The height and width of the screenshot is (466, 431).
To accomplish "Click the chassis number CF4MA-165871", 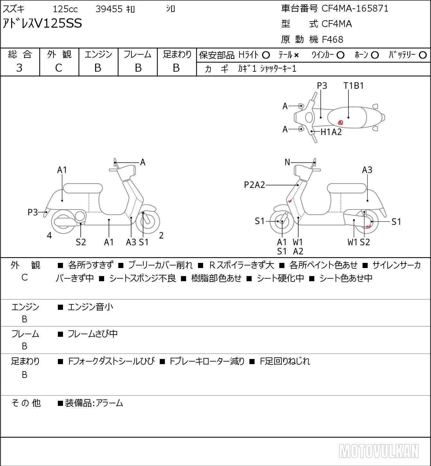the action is [355, 8].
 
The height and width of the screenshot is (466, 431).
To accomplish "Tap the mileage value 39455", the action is [109, 9].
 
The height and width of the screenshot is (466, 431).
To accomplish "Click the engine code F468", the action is [332, 40].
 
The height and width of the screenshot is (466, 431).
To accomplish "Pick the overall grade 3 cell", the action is [19, 68].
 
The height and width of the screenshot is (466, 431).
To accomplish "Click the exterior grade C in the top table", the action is [58, 68].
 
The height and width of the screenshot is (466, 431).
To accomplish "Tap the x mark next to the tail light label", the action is [296, 55].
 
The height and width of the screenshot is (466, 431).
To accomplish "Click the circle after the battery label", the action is [423, 55].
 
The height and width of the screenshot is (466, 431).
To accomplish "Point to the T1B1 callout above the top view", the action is [354, 85].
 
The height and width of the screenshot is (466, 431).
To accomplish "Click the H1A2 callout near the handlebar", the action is [331, 132].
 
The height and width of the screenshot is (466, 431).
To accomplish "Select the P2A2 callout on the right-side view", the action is [255, 185].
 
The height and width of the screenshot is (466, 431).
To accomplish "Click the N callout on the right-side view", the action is [287, 162].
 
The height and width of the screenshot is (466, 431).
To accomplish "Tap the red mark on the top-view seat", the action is [340, 122].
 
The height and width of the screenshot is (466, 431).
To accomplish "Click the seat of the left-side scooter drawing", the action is [83, 188].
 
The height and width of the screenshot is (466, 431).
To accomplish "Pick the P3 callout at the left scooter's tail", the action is [33, 212].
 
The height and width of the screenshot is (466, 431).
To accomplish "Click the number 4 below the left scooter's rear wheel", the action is [49, 235].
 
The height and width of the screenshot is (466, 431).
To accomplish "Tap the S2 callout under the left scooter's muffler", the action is [81, 242].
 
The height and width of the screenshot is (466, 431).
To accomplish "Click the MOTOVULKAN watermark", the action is [379, 451].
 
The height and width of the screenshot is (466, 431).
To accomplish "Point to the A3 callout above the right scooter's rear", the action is [367, 170].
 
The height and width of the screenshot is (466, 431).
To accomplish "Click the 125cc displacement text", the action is [65, 9].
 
